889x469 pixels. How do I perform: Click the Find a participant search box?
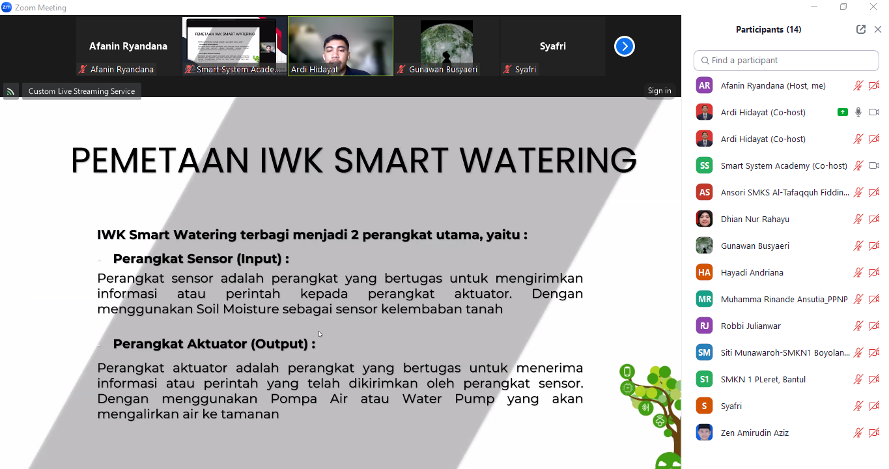coord(786,61)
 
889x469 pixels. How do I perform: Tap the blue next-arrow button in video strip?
coord(625,46)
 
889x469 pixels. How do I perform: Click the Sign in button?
coord(659,91)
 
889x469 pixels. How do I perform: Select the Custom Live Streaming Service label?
coord(81,91)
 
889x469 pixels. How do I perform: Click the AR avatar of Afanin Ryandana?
coord(704,86)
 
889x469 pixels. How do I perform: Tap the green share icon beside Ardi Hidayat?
coord(842,112)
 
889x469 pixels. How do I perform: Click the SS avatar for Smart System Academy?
coord(704,165)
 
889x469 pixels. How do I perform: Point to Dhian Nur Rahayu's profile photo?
coord(704,219)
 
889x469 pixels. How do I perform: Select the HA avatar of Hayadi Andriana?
coord(704,272)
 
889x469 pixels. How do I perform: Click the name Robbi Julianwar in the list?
coord(750,326)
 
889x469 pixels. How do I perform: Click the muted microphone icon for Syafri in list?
coord(858,406)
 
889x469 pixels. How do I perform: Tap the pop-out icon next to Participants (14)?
coord(860,29)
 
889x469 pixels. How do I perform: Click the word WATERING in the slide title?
coord(548,160)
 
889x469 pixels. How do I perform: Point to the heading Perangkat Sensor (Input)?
coord(201,259)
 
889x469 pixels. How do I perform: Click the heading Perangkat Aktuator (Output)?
coord(214,344)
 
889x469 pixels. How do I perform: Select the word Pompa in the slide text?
coord(294,399)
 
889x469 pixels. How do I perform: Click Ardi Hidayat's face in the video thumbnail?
coord(336,50)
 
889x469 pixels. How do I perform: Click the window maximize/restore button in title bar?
coord(843,7)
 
